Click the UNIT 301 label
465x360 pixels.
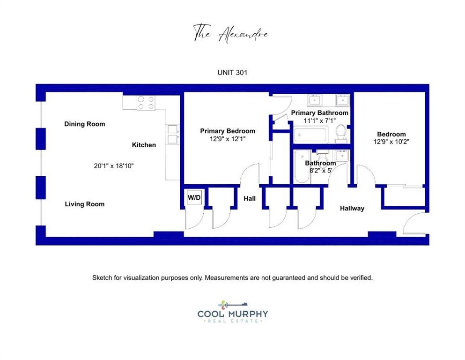[232, 72]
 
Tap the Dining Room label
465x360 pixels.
[84, 124]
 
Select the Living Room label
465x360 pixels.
[84, 204]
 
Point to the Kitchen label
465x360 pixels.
[144, 145]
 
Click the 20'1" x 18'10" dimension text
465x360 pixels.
[114, 166]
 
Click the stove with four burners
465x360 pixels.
[146, 103]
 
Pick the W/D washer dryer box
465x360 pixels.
[194, 197]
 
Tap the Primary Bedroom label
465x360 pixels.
[228, 131]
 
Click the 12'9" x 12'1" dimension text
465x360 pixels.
[228, 139]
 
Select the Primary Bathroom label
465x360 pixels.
[319, 113]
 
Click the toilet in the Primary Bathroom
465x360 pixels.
[341, 133]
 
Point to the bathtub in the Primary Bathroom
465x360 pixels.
[311, 135]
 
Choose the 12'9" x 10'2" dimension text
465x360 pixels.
[391, 142]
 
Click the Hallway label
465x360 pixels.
[352, 208]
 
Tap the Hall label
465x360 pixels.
[250, 199]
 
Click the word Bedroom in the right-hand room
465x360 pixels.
[391, 134]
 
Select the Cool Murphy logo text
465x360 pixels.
[232, 314]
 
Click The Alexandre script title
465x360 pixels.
[231, 34]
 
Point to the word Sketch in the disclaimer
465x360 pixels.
[102, 278]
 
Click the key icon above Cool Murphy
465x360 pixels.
[233, 305]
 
